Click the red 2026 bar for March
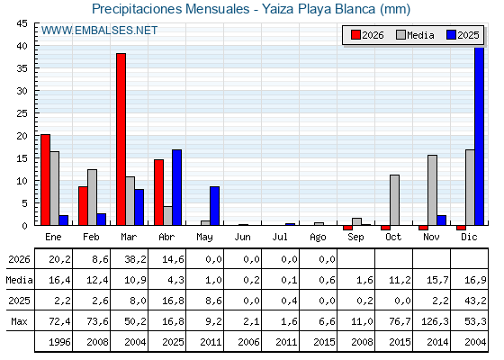pos(121,139)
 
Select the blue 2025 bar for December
pos(479,136)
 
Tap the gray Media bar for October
pos(394,200)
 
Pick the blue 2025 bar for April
pos(176,187)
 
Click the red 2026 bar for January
pos(45,180)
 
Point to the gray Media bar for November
pos(432,190)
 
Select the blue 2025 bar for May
pos(215,206)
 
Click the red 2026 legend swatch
pos(355,35)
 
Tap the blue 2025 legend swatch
pos(451,35)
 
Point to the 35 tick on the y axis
pos(22,68)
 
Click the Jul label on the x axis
pos(280,237)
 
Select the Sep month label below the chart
pos(355,238)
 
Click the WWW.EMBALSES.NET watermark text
pos(99,31)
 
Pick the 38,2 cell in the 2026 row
pos(135,259)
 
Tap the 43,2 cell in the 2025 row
pos(475,301)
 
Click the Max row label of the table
pos(19,321)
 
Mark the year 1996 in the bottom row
pos(59,342)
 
